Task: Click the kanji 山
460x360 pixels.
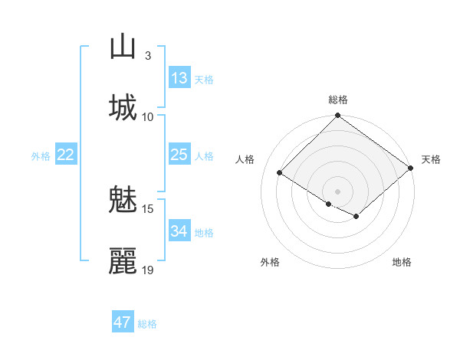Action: click(x=123, y=47)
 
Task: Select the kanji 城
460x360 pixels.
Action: click(x=123, y=107)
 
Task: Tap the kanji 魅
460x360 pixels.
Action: click(x=123, y=201)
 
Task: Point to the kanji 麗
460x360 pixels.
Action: click(x=123, y=261)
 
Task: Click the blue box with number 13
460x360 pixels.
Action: click(x=179, y=77)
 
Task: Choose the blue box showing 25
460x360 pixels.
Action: click(x=179, y=155)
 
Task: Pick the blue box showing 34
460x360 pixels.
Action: click(x=179, y=231)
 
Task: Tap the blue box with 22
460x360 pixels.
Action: click(x=66, y=155)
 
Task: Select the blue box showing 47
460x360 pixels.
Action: click(x=123, y=322)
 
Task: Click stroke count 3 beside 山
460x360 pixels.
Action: click(x=148, y=56)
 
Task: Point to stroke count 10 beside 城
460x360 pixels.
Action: click(x=148, y=116)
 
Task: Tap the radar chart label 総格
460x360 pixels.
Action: click(x=338, y=100)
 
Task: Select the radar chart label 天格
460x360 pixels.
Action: click(x=431, y=159)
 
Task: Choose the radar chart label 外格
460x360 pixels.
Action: click(x=270, y=262)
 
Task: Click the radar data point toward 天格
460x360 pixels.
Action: click(x=412, y=168)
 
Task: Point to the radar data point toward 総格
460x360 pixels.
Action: click(x=338, y=116)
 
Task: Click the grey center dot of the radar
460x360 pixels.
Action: click(x=338, y=191)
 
